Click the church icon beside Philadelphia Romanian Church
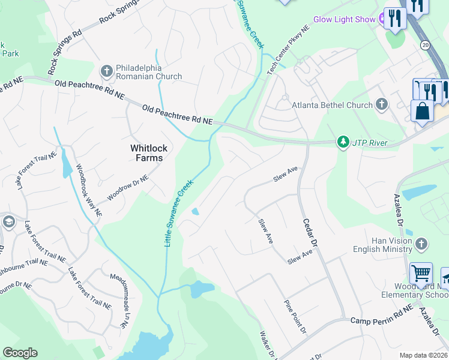107,71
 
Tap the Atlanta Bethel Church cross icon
381,105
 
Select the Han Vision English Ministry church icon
421,244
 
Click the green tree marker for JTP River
343,143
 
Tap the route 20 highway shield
426,45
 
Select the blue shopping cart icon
421,274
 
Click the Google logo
20,353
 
